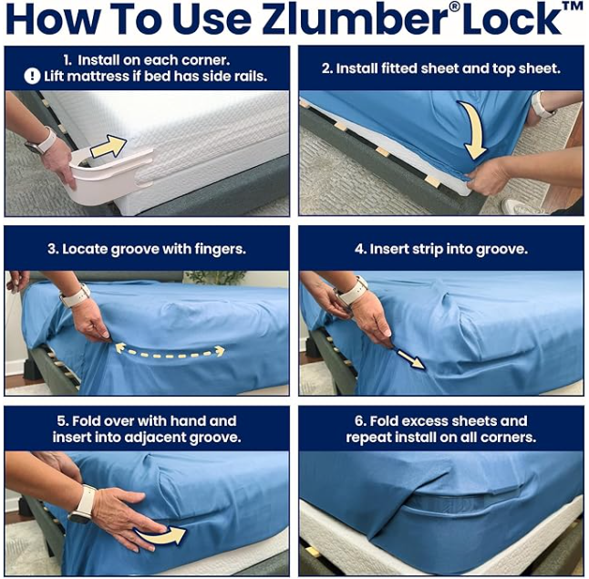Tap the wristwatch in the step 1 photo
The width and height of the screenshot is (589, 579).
coord(44,141)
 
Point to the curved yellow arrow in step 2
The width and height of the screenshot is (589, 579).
coord(473,128)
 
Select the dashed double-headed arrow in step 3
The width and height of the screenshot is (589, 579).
coord(169,349)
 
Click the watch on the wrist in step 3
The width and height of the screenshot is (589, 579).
coord(75,295)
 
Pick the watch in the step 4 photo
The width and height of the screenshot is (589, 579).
coord(351,292)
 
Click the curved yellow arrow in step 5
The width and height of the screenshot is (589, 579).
coord(162,534)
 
